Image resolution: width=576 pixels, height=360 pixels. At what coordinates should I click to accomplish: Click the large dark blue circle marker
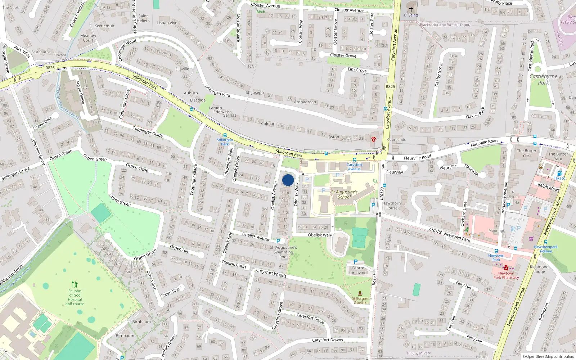[288, 180]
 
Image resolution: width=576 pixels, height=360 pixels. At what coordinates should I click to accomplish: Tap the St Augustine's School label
[344, 194]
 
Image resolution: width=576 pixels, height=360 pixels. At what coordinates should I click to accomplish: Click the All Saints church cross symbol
[411, 9]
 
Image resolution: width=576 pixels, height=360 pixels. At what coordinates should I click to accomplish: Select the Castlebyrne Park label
[543, 79]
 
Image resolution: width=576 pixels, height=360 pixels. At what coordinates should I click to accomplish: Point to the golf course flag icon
[75, 284]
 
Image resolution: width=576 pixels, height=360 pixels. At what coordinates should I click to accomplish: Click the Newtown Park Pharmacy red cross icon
[506, 268]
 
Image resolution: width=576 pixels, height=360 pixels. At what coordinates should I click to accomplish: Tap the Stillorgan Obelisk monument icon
[360, 293]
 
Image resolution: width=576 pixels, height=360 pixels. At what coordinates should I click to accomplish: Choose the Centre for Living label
[357, 270]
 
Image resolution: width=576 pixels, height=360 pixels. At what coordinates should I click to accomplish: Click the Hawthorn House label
[391, 206]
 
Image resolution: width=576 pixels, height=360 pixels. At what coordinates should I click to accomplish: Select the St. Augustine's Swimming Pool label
[283, 252]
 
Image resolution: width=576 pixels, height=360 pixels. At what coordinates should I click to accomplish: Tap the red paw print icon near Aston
[373, 139]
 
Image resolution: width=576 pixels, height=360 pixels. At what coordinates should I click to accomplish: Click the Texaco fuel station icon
[559, 173]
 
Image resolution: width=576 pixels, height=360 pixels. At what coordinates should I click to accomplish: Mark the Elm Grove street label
[357, 70]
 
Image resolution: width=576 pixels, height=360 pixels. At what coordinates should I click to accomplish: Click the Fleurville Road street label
[484, 143]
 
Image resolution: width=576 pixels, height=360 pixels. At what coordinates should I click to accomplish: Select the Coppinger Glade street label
[148, 132]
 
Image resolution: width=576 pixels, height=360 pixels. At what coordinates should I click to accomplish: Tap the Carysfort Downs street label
[327, 340]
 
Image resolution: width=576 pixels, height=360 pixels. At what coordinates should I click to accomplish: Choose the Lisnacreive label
[167, 23]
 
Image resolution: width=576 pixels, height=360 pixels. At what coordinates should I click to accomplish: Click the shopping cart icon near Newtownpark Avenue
[531, 238]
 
